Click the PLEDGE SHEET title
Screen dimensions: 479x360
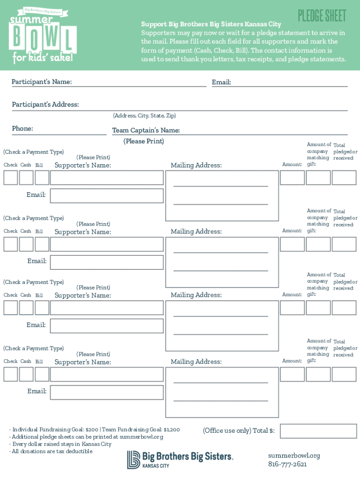point(322,16)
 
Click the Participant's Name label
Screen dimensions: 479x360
point(42,82)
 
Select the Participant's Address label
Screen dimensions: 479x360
point(45,104)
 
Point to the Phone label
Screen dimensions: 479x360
point(22,129)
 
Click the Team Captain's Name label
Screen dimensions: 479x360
point(146,131)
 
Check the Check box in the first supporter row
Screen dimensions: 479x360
point(11,178)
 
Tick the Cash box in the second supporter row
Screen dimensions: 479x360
point(26,244)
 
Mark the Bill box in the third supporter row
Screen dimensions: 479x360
point(42,308)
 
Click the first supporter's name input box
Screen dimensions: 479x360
point(107,178)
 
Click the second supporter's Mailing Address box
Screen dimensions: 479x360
point(216,261)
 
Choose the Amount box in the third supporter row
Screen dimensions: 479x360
point(292,308)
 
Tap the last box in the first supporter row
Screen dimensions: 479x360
point(344,178)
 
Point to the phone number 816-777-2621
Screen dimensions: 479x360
point(288,464)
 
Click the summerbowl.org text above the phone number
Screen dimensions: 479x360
point(294,456)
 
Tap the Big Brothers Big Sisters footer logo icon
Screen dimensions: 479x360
point(134,459)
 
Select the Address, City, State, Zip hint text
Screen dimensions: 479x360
point(144,116)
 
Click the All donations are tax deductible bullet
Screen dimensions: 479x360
point(51,451)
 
